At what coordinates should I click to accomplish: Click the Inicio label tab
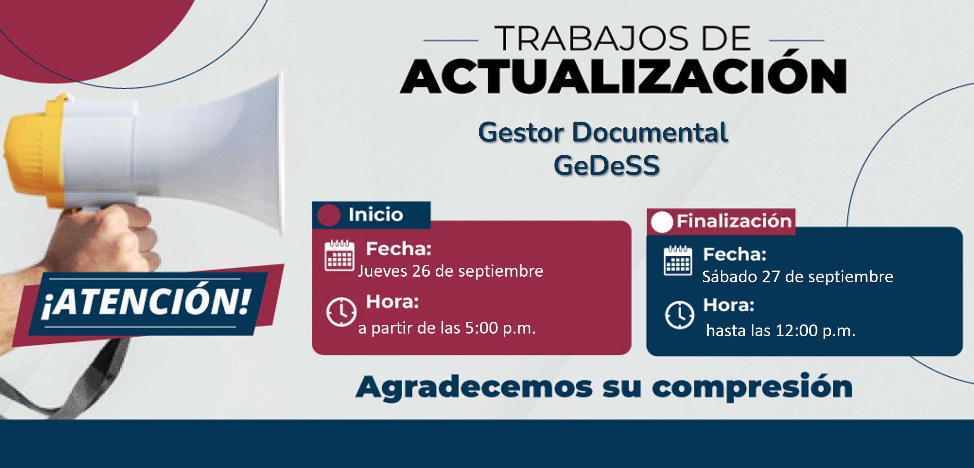tap(371, 215)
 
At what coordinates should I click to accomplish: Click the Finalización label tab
tap(721, 221)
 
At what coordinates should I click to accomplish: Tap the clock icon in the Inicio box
tap(341, 312)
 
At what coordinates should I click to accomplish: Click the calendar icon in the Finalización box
tap(678, 260)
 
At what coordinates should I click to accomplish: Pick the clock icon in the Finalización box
tap(679, 315)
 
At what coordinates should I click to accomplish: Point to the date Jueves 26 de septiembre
tap(450, 271)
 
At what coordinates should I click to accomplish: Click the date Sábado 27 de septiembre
tap(798, 277)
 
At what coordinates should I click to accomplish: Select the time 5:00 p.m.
tap(500, 329)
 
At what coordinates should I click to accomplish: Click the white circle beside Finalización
tap(662, 222)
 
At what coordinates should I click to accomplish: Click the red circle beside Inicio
tap(329, 215)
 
